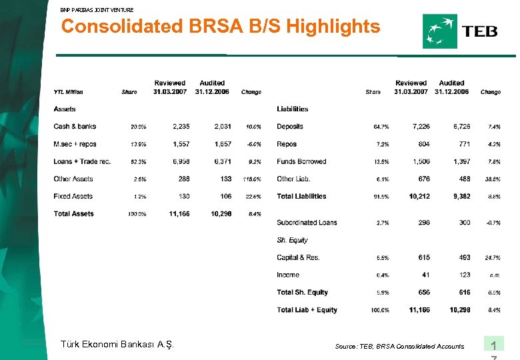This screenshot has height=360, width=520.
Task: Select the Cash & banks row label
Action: click(x=75, y=127)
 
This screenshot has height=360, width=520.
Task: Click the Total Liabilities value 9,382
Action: click(x=457, y=197)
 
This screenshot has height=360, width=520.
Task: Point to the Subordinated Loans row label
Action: click(x=307, y=223)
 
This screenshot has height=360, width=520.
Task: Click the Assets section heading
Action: click(x=65, y=109)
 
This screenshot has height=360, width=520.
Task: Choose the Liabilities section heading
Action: click(x=292, y=109)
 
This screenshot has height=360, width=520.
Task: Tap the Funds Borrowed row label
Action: click(x=301, y=162)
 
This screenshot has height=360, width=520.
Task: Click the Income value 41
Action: click(x=425, y=275)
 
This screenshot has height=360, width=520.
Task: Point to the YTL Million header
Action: click(x=68, y=92)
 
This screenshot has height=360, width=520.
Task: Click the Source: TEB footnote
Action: click(x=399, y=347)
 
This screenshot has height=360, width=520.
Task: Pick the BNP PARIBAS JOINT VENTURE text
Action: click(x=97, y=10)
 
